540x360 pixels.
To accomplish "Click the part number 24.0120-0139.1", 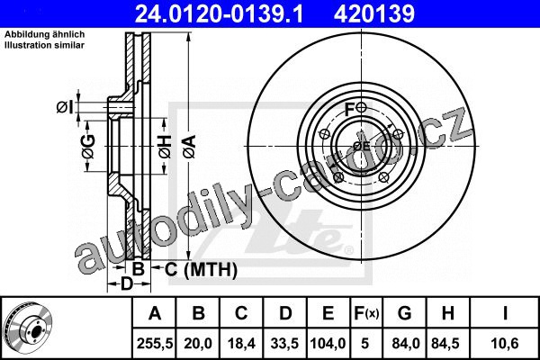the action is (x=219, y=13).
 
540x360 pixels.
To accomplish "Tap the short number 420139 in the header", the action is (x=374, y=13).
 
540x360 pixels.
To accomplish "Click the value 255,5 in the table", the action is (x=154, y=343).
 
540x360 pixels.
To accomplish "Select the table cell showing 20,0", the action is (x=198, y=343).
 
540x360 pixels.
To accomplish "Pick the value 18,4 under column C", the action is (x=241, y=343).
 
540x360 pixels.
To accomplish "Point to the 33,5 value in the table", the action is (x=284, y=343).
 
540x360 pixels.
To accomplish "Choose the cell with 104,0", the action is (x=328, y=343).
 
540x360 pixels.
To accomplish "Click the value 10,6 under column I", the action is (x=505, y=343).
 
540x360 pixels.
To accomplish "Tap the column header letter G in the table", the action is (x=404, y=313).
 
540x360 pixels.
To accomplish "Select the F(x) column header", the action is (x=366, y=313).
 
